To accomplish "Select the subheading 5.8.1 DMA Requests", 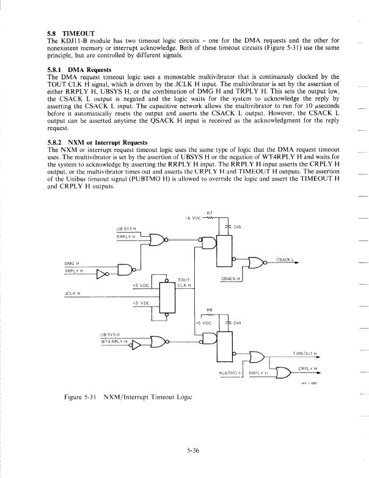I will [76, 70].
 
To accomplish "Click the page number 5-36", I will [194, 451].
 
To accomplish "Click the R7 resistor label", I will [210, 212].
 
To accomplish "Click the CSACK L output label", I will [285, 259].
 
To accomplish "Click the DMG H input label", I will [73, 263].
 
